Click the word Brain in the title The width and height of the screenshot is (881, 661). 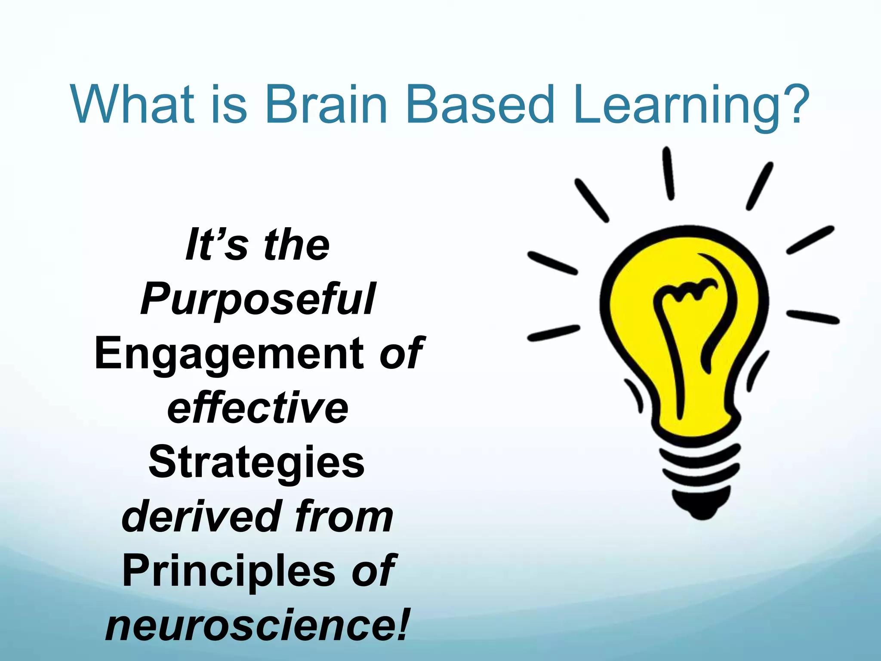pos(326,104)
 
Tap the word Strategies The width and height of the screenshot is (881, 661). pos(257,463)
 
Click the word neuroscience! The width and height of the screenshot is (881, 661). pos(257,625)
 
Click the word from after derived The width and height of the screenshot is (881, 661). pos(344,516)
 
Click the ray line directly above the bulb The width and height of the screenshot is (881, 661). pos(668,173)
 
